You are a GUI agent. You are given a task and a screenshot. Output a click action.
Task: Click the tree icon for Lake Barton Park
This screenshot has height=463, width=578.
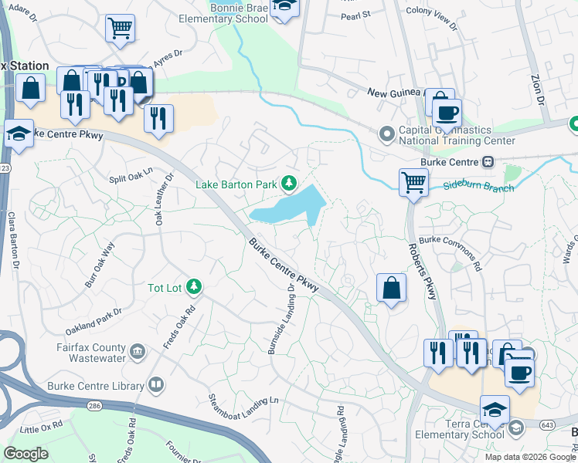click(x=289, y=183)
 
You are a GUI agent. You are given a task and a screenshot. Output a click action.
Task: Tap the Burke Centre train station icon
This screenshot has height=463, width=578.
click(x=488, y=162)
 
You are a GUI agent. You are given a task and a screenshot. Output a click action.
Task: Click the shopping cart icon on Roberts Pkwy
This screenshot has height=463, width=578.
click(x=413, y=184)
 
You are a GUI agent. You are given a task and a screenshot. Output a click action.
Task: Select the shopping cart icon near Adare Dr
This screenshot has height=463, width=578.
click(x=120, y=29)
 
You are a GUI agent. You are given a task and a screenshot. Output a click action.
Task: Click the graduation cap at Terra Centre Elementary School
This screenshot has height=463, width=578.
click(x=495, y=410)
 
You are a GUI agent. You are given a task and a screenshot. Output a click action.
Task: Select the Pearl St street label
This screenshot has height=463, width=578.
click(x=355, y=14)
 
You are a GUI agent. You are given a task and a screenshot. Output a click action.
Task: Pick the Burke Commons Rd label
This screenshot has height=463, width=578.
click(x=450, y=253)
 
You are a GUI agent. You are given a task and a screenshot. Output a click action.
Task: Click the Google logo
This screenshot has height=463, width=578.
click(x=26, y=454)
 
